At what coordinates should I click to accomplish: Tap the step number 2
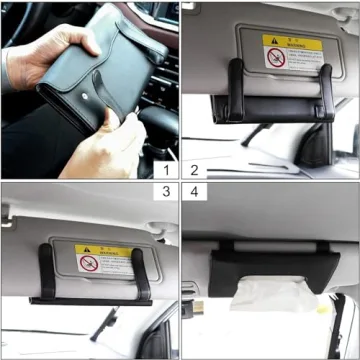(193, 169)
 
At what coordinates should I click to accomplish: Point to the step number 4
(193, 191)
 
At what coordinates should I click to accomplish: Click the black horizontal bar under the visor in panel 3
(95, 299)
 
